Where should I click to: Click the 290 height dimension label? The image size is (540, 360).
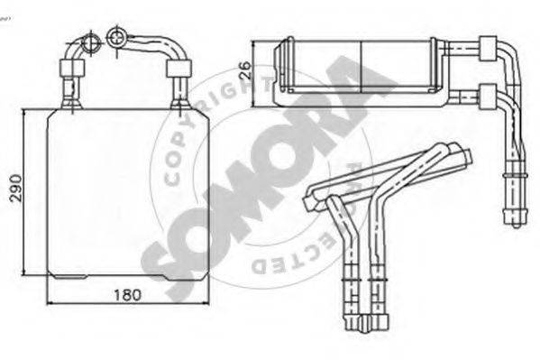point(16,188)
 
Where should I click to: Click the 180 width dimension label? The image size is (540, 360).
point(127,295)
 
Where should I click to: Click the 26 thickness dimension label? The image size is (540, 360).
point(246,70)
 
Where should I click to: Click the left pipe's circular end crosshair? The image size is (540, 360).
point(92,43)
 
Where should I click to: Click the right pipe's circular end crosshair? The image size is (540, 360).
point(117,37)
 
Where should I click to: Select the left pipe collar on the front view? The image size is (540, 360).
point(72,69)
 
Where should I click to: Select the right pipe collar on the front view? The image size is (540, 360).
point(178,69)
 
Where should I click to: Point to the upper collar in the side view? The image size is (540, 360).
point(489,49)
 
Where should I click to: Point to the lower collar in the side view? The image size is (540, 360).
point(489,97)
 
